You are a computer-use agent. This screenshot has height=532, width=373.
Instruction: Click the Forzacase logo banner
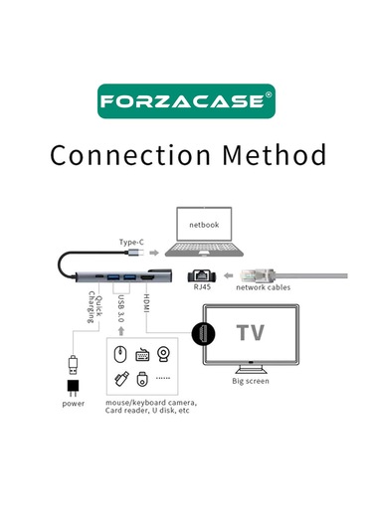pyautogui.click(x=186, y=101)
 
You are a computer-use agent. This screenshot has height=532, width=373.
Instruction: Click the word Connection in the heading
pyautogui.click(x=117, y=155)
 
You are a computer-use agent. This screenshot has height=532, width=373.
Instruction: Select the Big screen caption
pyautogui.click(x=251, y=381)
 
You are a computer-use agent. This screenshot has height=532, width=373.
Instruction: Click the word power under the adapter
pyautogui.click(x=73, y=404)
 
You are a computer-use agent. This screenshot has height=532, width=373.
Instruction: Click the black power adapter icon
pyautogui.click(x=72, y=385)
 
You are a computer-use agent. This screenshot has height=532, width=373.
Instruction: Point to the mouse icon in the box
pyautogui.click(x=118, y=353)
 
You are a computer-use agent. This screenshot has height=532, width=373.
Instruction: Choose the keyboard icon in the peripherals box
pyautogui.click(x=142, y=353)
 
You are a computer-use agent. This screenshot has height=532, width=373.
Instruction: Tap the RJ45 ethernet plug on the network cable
pyautogui.click(x=254, y=270)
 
